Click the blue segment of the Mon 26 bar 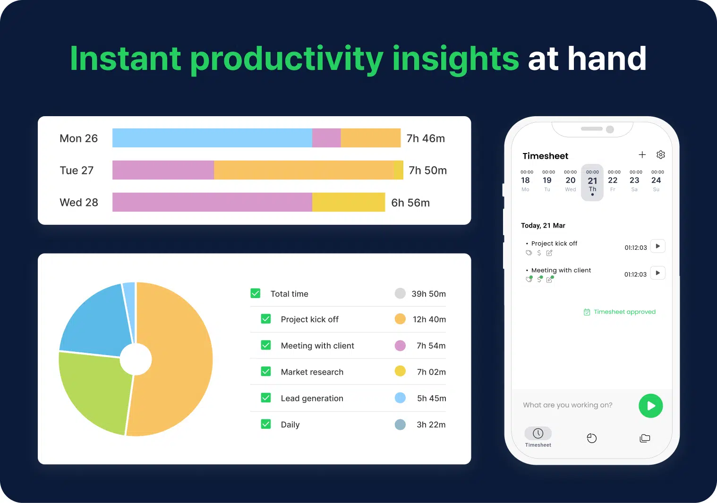tap(212, 138)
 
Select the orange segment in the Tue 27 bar tap(303, 170)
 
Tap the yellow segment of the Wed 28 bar tap(349, 202)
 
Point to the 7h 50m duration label tap(427, 171)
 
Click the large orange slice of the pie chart tap(175, 359)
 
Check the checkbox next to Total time tap(256, 293)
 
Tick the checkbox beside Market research tap(266, 372)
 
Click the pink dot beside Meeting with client tap(400, 346)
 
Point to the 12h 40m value tap(429, 319)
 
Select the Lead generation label tap(312, 398)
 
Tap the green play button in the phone tap(650, 406)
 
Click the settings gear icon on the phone tap(661, 155)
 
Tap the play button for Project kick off tap(657, 246)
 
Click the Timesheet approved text tap(624, 312)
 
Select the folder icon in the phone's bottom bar tap(645, 438)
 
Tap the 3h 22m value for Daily tap(431, 425)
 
